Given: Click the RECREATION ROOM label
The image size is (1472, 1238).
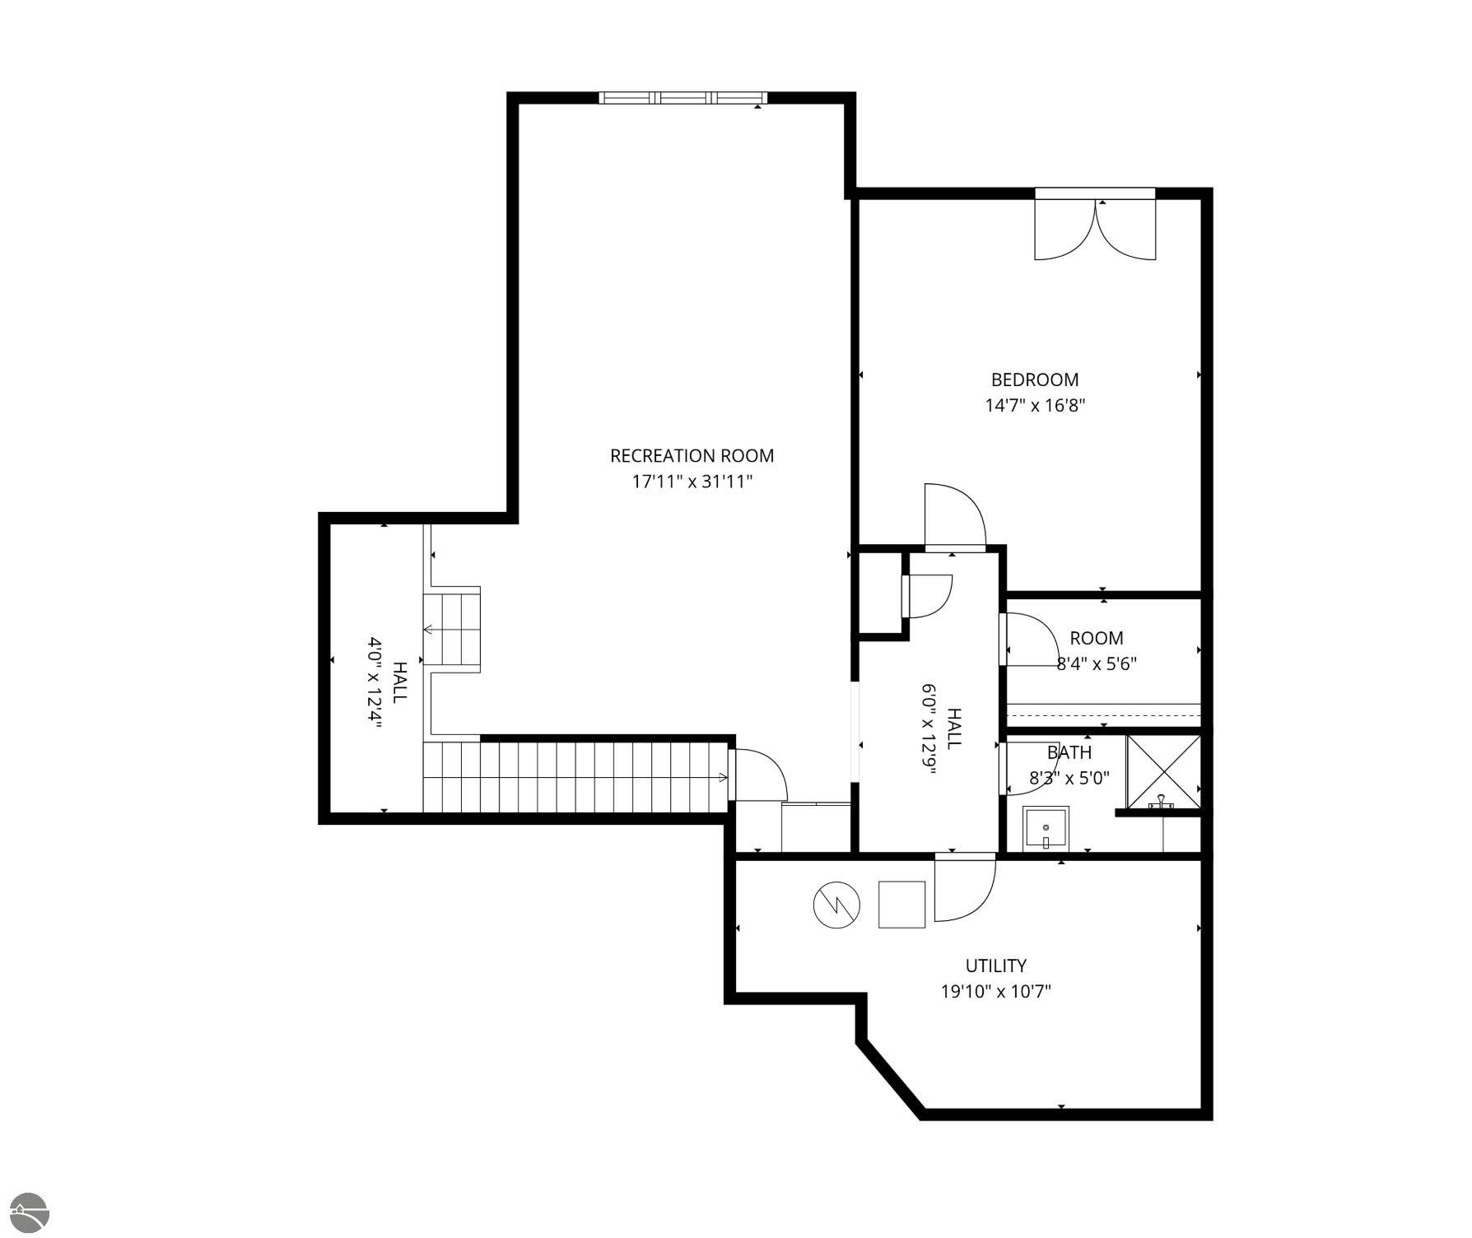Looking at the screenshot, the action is click(x=692, y=455).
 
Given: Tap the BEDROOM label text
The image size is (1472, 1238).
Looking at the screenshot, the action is click(x=1034, y=379).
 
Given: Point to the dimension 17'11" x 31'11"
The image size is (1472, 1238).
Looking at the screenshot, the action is click(x=692, y=482).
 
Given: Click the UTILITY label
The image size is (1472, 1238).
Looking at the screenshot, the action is click(x=995, y=966).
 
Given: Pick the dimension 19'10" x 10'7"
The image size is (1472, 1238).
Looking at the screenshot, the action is click(x=996, y=991).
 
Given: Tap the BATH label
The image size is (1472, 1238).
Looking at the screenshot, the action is click(x=1069, y=752).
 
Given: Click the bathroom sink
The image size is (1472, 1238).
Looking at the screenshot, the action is click(x=1046, y=828).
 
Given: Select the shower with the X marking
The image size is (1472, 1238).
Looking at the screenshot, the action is click(x=1163, y=771).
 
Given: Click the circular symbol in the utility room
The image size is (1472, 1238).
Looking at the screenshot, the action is click(x=836, y=906).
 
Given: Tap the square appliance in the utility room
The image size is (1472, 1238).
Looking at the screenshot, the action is click(x=902, y=905).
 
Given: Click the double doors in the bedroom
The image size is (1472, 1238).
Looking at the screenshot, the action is click(x=1095, y=229).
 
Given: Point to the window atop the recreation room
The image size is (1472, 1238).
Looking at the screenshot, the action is click(x=683, y=98).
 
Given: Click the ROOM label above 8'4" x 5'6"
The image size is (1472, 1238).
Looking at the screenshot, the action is click(x=1097, y=638).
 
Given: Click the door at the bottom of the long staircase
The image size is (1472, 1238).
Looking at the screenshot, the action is click(x=757, y=775).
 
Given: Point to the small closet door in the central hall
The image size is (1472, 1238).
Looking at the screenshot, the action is click(x=927, y=597).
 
